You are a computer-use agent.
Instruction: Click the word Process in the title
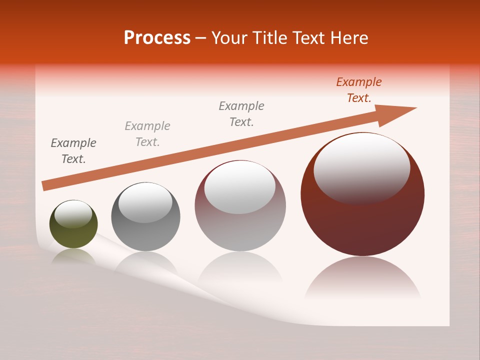coord(157,38)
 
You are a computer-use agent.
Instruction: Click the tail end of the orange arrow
coord(46,185)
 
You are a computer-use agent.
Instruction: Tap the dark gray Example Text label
coord(73,151)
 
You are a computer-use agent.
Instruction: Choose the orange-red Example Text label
coord(359,90)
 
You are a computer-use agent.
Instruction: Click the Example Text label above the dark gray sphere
coord(147,134)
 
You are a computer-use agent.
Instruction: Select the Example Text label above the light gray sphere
coord(241,114)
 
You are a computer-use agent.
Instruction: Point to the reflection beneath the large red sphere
coord(362,280)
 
